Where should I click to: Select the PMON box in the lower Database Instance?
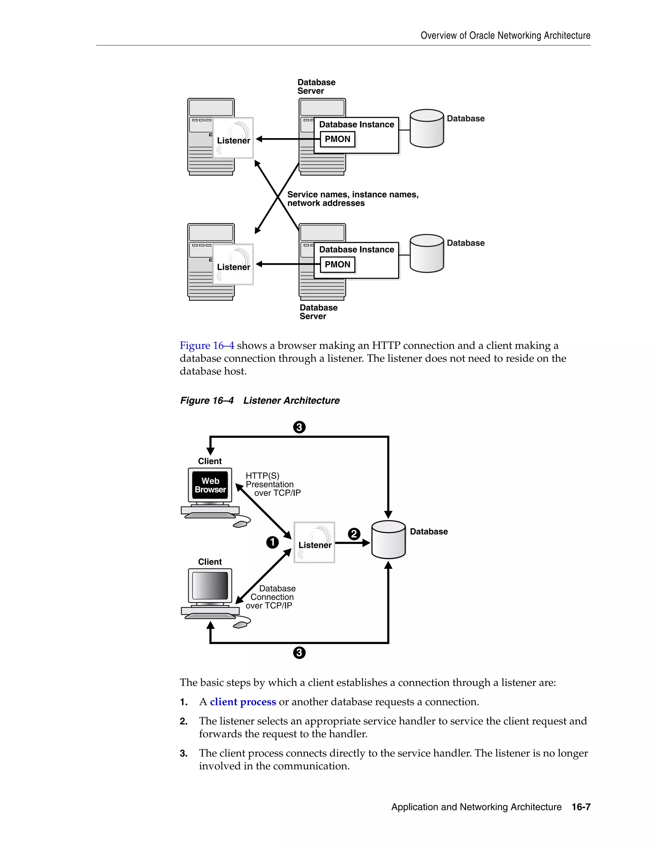(x=337, y=265)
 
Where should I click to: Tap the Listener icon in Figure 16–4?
(x=314, y=542)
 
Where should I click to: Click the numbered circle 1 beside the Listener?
(x=272, y=542)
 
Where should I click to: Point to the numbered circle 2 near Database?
(x=353, y=534)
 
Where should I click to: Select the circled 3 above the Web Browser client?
(x=299, y=427)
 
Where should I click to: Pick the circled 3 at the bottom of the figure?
(x=299, y=653)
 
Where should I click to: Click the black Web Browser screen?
(x=210, y=485)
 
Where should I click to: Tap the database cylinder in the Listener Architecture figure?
(x=388, y=540)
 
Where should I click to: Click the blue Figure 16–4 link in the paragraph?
(x=207, y=346)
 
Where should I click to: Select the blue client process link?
(x=243, y=702)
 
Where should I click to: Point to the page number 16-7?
(x=581, y=807)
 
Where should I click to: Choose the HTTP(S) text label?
(x=262, y=476)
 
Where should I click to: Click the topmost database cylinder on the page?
(x=426, y=129)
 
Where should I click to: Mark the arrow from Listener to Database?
(x=351, y=543)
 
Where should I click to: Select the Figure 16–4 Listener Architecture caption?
(x=260, y=400)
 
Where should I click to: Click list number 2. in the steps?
(x=184, y=721)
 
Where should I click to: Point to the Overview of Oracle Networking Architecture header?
(x=505, y=36)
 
